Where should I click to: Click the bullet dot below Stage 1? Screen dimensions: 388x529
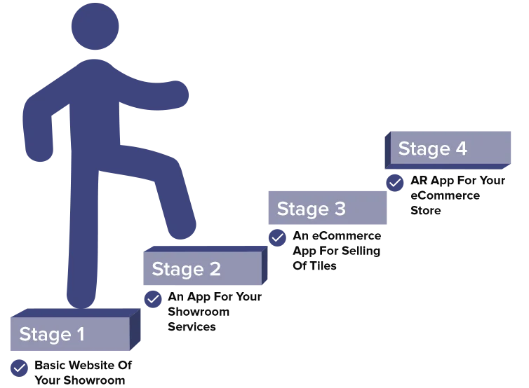(18, 368)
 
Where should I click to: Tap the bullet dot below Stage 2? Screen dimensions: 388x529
(152, 300)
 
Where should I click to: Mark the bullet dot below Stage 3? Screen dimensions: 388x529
(277, 238)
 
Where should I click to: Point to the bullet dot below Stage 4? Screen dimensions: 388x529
(395, 183)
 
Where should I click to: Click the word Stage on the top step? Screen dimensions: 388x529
(424, 149)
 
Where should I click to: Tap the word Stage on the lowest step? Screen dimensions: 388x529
(45, 335)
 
